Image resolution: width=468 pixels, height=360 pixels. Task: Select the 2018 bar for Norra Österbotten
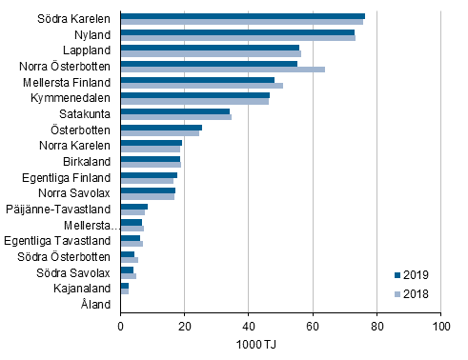pos(222,69)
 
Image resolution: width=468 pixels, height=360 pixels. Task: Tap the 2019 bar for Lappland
pos(210,48)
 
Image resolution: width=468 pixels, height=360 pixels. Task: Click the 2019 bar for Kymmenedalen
pos(194,95)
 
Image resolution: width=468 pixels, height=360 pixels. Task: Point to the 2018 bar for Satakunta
pos(175,116)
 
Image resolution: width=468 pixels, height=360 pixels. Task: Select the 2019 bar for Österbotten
pos(161,127)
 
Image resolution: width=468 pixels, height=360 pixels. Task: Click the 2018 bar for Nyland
pos(237,37)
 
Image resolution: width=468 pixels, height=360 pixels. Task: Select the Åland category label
pos(96,304)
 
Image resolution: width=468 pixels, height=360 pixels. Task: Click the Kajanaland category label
pos(82,289)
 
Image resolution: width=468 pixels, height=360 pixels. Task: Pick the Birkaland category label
pos(88,161)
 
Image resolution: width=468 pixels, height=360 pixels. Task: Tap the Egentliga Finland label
pos(66,177)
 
